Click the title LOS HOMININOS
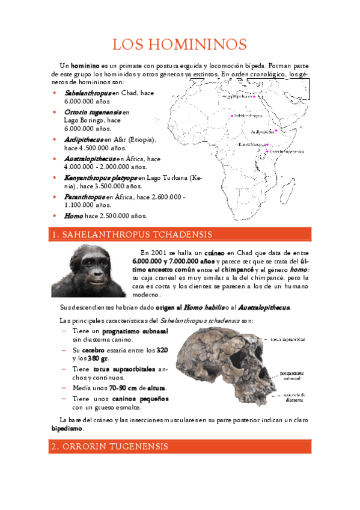180,45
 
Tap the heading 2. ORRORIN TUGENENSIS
108,446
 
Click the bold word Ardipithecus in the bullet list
84,140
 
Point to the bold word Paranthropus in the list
84,197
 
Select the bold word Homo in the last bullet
74,215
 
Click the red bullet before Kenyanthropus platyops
55,178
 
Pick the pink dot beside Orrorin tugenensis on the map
267,152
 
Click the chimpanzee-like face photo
88,271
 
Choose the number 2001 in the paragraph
160,253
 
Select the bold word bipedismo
67,429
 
